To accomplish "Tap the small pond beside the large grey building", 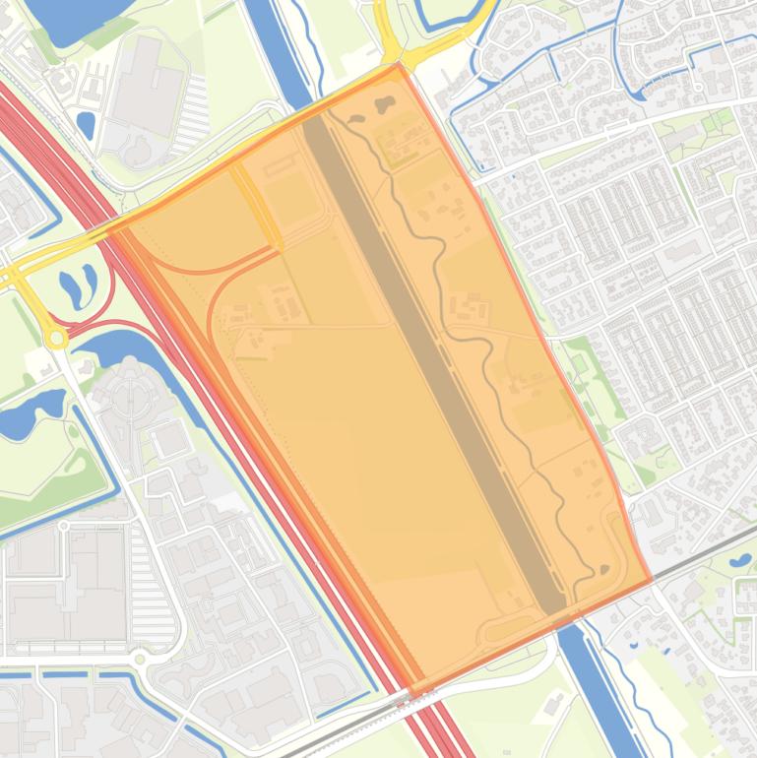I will click(86, 124).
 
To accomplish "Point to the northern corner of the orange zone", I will click(398, 66).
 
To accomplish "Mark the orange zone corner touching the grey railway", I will click(651, 581).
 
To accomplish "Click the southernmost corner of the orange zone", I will click(417, 694).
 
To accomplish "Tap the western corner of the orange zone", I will click(108, 228).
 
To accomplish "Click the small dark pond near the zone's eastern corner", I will click(602, 568).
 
